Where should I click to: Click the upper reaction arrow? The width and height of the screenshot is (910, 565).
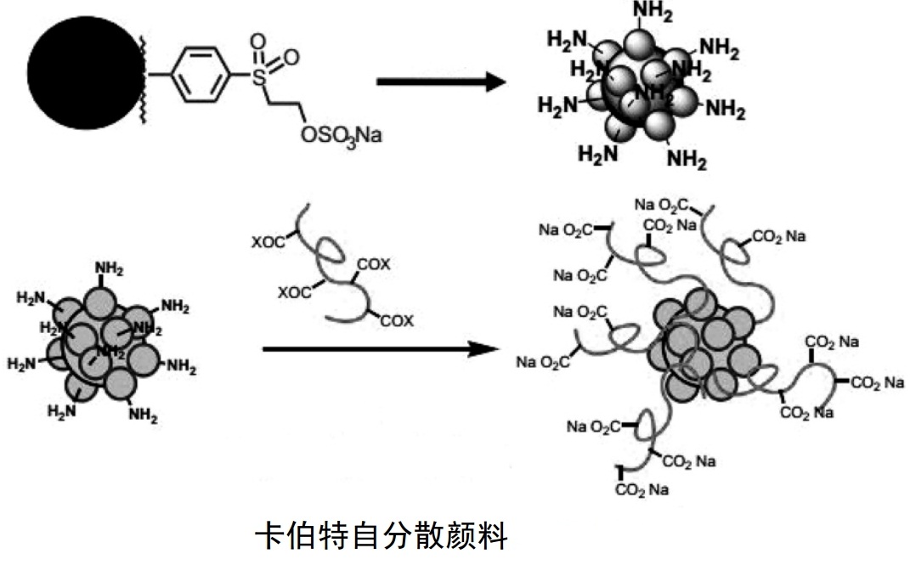point(441,82)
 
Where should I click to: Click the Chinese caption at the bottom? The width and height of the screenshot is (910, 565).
point(382,537)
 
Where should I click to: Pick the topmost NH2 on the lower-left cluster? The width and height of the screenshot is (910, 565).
point(109,269)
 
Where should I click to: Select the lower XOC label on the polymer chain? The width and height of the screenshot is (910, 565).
point(295,293)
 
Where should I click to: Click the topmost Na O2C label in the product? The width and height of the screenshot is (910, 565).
point(662,204)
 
